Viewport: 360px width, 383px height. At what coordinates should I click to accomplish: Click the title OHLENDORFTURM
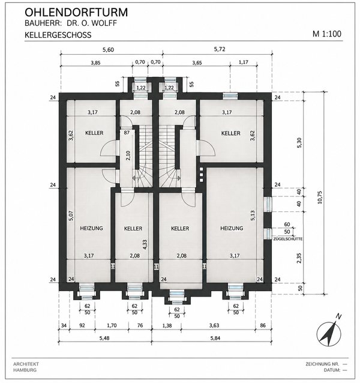[76, 12]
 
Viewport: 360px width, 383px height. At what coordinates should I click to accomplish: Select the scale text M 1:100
[327, 34]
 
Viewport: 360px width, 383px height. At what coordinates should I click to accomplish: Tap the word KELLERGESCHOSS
[58, 35]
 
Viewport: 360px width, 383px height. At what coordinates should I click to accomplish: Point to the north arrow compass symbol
[329, 333]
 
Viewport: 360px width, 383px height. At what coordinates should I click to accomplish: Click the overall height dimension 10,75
[320, 197]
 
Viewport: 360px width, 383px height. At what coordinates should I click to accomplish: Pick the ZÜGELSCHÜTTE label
[288, 239]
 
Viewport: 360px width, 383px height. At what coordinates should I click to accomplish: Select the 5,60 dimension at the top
[108, 50]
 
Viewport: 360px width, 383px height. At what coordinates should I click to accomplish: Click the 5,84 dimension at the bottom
[214, 338]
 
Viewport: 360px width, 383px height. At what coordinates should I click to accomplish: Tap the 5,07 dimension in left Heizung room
[71, 216]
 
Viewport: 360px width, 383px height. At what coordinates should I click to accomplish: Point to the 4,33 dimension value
[145, 244]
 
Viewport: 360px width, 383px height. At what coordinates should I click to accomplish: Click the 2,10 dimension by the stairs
[128, 155]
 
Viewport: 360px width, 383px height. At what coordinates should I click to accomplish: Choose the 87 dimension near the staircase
[127, 133]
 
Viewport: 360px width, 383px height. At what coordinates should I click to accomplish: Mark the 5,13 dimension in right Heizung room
[253, 216]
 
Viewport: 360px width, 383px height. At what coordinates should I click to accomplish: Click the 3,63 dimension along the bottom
[214, 325]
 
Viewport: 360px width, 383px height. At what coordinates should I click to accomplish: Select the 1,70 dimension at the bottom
[112, 325]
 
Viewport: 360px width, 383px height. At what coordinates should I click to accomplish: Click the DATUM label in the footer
[332, 370]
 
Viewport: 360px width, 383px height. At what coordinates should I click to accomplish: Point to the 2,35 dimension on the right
[299, 258]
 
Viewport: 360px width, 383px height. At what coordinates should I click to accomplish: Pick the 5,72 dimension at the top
[220, 49]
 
